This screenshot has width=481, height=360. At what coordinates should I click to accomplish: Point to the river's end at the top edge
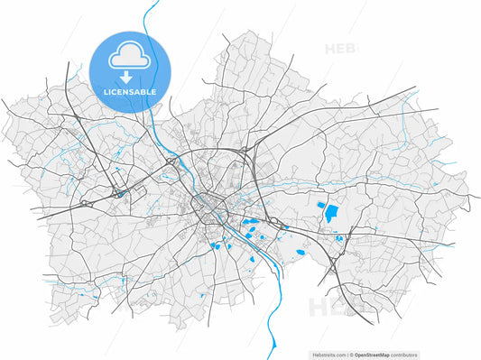147,3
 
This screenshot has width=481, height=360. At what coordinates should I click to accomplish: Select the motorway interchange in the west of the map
118,192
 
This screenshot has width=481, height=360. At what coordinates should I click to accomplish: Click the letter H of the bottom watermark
321,308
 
